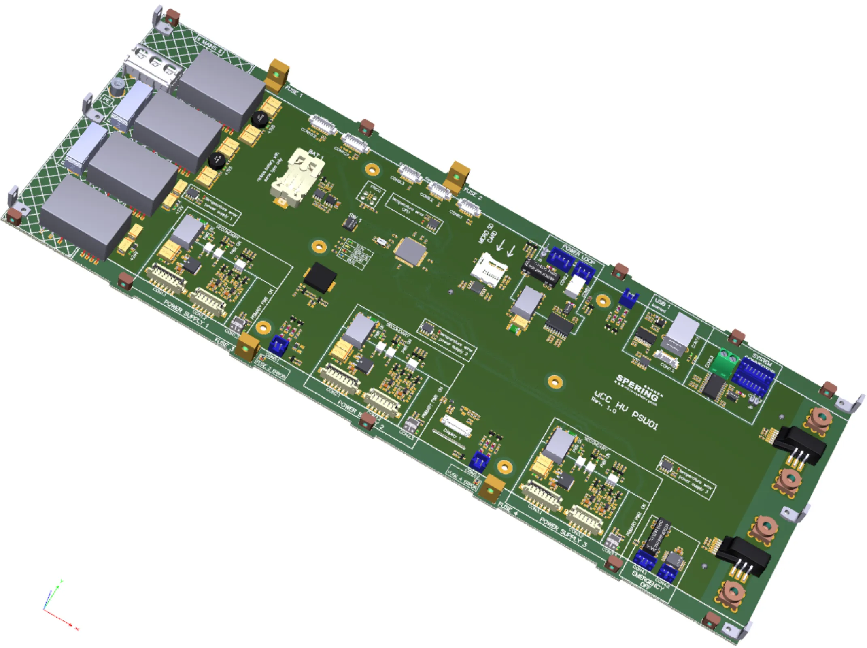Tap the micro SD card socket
(488, 269)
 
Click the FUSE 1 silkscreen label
(294, 92)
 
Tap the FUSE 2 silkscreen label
(473, 194)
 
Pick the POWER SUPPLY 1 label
(187, 314)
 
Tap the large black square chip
(319, 277)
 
